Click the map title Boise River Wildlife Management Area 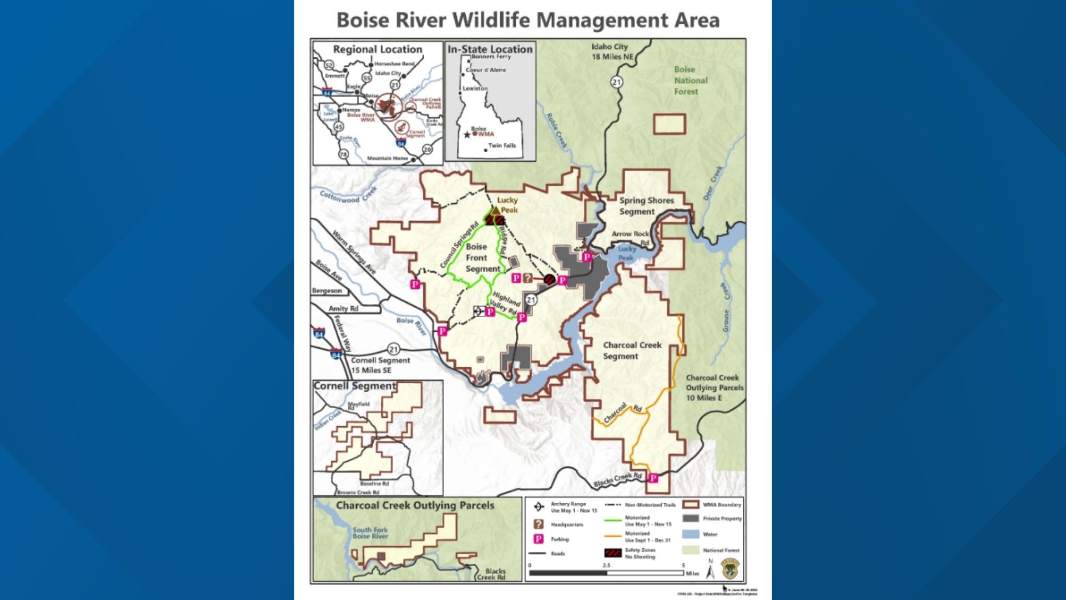(x=528, y=20)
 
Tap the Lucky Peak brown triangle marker (x=495, y=211)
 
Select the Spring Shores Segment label (x=646, y=206)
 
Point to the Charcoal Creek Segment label (x=632, y=351)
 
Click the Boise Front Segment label (x=481, y=258)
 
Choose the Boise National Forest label (x=690, y=81)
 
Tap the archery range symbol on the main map (x=477, y=312)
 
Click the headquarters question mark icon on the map (x=527, y=278)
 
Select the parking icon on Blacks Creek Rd (x=653, y=478)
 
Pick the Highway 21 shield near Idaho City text (x=616, y=82)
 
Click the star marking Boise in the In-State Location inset (x=467, y=135)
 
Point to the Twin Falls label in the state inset (x=502, y=146)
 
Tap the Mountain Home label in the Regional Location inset (x=387, y=158)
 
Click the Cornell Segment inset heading (x=355, y=386)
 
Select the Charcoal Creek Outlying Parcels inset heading (x=415, y=506)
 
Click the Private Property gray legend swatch (x=691, y=518)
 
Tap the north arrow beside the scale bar (x=710, y=569)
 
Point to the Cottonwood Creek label (x=348, y=195)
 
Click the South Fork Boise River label (x=370, y=533)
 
